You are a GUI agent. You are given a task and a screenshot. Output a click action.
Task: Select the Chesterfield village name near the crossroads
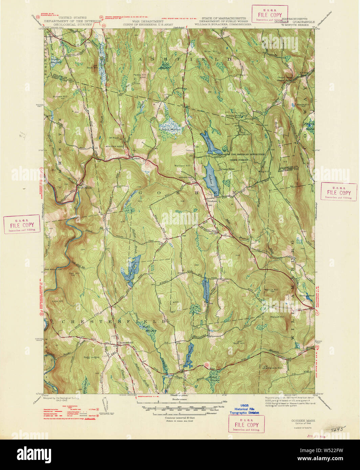click(125, 343)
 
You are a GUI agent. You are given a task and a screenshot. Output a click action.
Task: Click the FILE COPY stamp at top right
click(269, 15)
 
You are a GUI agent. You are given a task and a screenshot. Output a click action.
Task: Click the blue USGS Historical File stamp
click(244, 409)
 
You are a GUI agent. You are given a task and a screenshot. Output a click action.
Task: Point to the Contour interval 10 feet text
click(179, 418)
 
